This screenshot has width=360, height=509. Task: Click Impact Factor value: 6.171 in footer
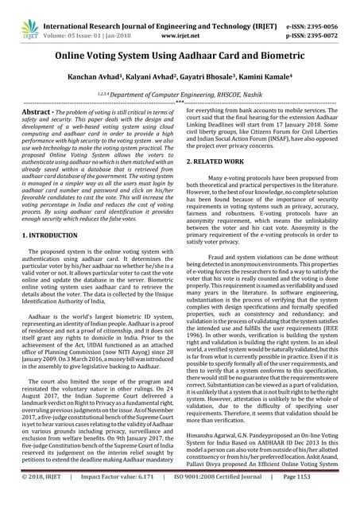click(114, 500)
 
